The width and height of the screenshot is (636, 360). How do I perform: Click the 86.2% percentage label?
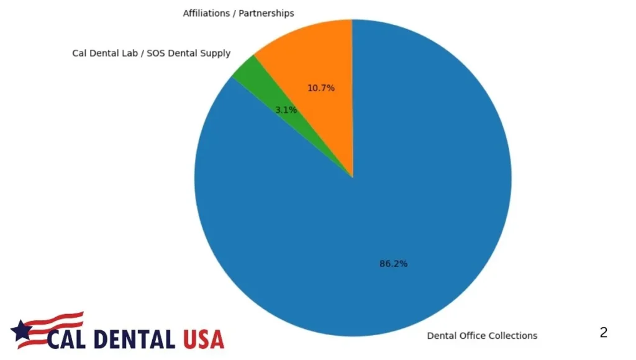(393, 264)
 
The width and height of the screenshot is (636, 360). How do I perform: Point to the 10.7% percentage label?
(321, 88)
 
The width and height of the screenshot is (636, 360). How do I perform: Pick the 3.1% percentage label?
(286, 110)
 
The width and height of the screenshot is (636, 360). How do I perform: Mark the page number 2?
(603, 333)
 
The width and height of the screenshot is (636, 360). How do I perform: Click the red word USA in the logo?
(203, 339)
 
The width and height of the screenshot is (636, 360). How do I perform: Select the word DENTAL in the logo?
(137, 339)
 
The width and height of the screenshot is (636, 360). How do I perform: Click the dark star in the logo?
(23, 332)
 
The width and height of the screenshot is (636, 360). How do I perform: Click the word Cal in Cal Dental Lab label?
(79, 53)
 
